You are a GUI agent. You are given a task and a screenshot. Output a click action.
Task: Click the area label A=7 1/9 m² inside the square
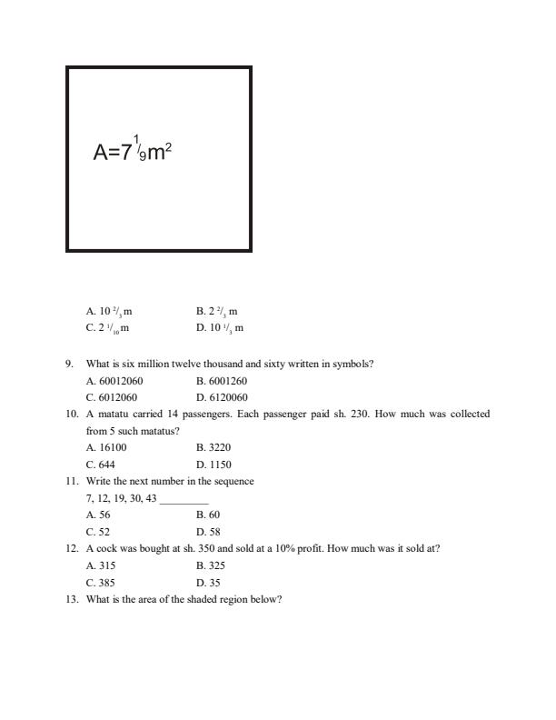click(x=133, y=150)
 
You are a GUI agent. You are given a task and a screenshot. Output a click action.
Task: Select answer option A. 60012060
click(x=114, y=381)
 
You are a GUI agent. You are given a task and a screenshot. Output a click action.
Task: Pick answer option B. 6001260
click(x=222, y=381)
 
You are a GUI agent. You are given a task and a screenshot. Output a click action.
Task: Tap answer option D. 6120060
click(x=222, y=397)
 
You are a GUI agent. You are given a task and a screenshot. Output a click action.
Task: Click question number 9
click(x=69, y=364)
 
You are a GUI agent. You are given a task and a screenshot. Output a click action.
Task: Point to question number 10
click(x=72, y=414)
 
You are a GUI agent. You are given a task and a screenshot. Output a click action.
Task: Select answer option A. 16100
click(x=106, y=448)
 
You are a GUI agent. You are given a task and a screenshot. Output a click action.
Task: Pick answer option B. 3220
click(x=214, y=448)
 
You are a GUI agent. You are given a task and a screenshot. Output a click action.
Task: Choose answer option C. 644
click(x=101, y=465)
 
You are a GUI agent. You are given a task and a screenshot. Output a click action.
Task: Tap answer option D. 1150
click(x=214, y=465)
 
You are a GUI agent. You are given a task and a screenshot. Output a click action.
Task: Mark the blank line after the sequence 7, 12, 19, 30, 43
click(x=184, y=499)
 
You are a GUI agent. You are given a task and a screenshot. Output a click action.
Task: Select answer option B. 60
click(x=208, y=515)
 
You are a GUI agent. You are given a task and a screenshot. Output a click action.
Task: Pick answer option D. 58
click(x=208, y=532)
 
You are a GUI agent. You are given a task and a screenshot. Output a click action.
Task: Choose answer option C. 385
click(x=101, y=583)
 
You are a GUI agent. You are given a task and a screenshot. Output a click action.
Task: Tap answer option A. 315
click(x=101, y=565)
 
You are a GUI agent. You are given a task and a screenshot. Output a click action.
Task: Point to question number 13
click(x=72, y=599)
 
